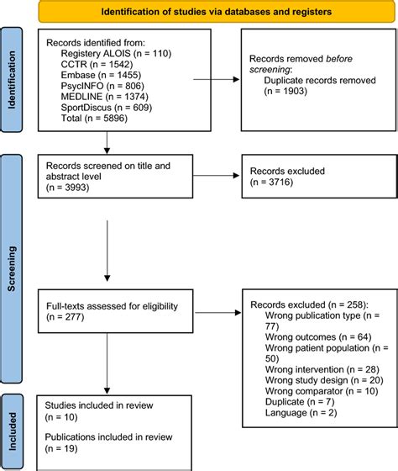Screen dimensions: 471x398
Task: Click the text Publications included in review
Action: click(109, 438)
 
